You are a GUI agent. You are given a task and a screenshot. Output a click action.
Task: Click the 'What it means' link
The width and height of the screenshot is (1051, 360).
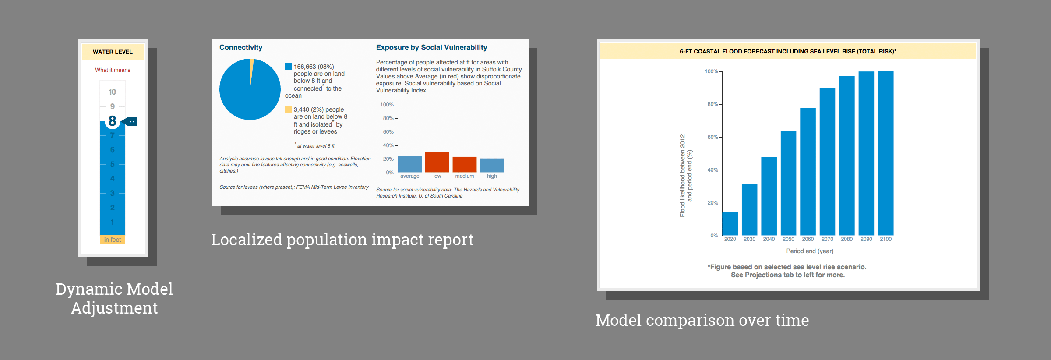pos(113,70)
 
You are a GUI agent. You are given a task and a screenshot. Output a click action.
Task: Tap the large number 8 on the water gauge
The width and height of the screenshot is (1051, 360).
pos(113,121)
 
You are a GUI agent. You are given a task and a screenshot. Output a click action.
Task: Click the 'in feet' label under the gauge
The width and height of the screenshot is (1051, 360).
pos(113,240)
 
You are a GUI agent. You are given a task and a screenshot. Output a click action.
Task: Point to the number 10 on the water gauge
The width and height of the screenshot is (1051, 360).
pos(112,92)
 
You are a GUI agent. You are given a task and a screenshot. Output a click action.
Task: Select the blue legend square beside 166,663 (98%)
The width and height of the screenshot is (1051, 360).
pos(288,67)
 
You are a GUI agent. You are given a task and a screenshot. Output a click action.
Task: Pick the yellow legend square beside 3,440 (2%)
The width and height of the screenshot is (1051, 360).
pos(288,109)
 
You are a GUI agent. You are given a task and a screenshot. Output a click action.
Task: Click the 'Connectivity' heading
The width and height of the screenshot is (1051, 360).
pos(241,47)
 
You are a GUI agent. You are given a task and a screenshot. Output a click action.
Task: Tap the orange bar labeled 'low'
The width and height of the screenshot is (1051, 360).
pos(437,162)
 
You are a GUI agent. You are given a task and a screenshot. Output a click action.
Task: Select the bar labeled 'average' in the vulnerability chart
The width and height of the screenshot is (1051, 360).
pos(410,164)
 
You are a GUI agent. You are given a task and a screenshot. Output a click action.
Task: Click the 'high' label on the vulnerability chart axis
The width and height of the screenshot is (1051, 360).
pos(492,176)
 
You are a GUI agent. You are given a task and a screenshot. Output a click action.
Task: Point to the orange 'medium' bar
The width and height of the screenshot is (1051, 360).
pos(464,165)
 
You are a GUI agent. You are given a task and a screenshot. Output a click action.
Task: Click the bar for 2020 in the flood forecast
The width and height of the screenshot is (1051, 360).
pos(730,224)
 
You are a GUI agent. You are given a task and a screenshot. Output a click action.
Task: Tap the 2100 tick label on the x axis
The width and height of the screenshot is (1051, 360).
pos(885,239)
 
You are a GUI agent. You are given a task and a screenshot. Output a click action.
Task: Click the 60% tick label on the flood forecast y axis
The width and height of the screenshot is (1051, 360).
pos(712,137)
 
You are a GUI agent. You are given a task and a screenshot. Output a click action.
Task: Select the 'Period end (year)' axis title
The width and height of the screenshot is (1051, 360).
pos(810,251)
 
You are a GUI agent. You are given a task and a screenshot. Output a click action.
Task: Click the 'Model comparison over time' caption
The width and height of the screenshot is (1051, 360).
pos(702,320)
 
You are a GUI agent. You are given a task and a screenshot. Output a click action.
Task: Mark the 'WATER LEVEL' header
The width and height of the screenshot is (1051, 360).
pos(113,52)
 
